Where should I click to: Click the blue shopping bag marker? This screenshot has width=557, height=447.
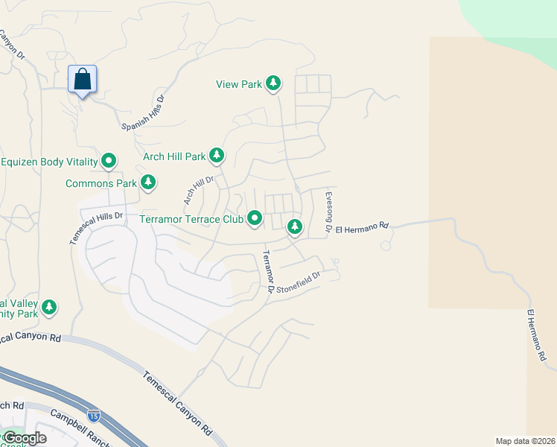(x=83, y=78)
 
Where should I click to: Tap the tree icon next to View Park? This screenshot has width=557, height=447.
(x=274, y=83)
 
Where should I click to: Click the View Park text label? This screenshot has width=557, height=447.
(x=239, y=84)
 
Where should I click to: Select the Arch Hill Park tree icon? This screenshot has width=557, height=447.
(x=217, y=156)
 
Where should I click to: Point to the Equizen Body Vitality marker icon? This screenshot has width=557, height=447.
(x=109, y=160)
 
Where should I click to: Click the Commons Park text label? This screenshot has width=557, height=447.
(x=101, y=183)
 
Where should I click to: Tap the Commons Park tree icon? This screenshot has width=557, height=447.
(x=148, y=182)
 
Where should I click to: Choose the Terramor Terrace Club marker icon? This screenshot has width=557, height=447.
(x=255, y=218)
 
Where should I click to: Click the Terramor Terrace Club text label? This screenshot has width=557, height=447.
(x=191, y=219)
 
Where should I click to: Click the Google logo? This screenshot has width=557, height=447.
(x=24, y=438)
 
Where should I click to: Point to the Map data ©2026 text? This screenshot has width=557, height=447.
(x=524, y=441)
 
